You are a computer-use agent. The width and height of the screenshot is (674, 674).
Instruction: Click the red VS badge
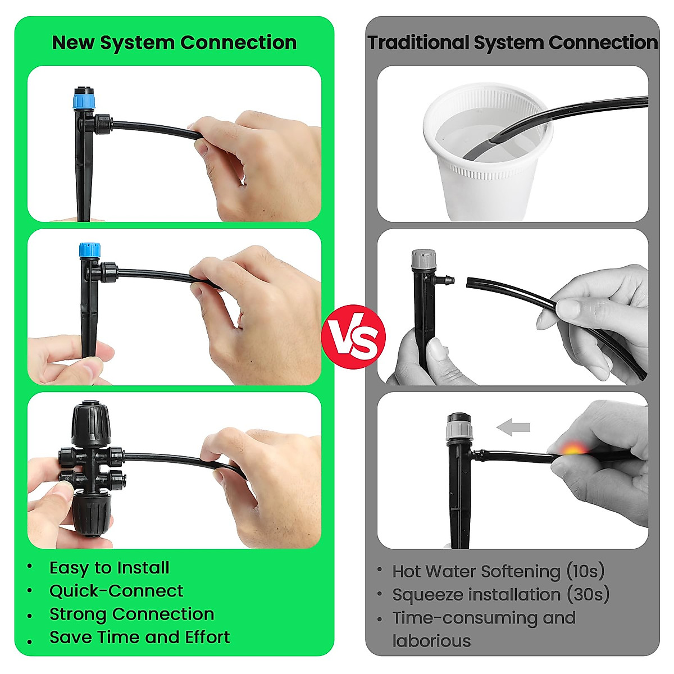point(353,336)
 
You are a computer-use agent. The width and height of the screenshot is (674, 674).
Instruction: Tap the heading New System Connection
point(174,43)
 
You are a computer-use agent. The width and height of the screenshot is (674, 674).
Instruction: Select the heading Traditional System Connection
point(512,43)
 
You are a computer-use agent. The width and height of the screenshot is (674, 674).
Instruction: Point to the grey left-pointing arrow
point(513,427)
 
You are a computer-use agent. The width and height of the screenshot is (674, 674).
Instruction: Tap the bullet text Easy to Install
point(109,568)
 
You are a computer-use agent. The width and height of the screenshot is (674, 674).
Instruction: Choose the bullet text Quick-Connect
point(116,591)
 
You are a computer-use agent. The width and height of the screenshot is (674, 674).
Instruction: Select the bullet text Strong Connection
point(131,614)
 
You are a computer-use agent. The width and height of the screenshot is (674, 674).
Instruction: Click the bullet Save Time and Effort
point(139,637)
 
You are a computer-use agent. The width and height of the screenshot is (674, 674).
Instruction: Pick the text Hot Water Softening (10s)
point(498,571)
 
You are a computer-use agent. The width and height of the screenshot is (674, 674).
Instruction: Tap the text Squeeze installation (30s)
point(500,594)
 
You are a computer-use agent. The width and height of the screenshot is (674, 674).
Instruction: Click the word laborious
point(431,641)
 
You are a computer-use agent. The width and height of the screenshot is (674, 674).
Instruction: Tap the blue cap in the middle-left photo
point(89,251)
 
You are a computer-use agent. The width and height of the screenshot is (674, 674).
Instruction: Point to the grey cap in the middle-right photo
point(423,259)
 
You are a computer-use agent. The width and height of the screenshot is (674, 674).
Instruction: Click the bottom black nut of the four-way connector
point(90,512)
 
